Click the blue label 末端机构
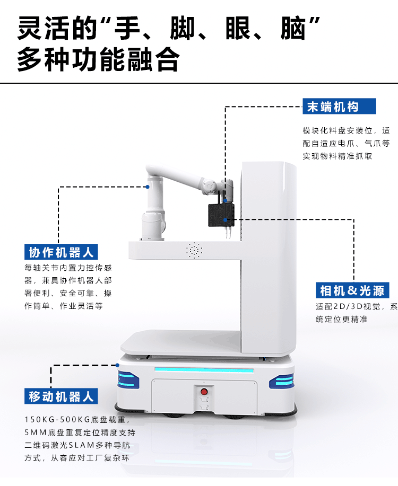coord(339,107)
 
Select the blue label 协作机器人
coord(61,252)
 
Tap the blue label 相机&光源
coord(352,290)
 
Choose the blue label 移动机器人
coord(61,396)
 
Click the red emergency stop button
coord(204,392)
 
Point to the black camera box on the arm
coord(221,215)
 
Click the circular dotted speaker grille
coord(194,251)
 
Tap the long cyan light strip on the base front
coord(204,370)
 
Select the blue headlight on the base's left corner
coord(127,380)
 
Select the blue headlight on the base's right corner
coord(282,381)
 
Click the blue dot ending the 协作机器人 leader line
coord(148,187)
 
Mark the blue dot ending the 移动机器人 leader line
coord(117,365)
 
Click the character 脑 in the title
coord(293,29)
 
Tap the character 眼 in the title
coord(238,29)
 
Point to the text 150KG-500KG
coord(57,420)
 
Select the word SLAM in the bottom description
coord(81,445)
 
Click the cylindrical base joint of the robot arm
coord(153,226)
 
